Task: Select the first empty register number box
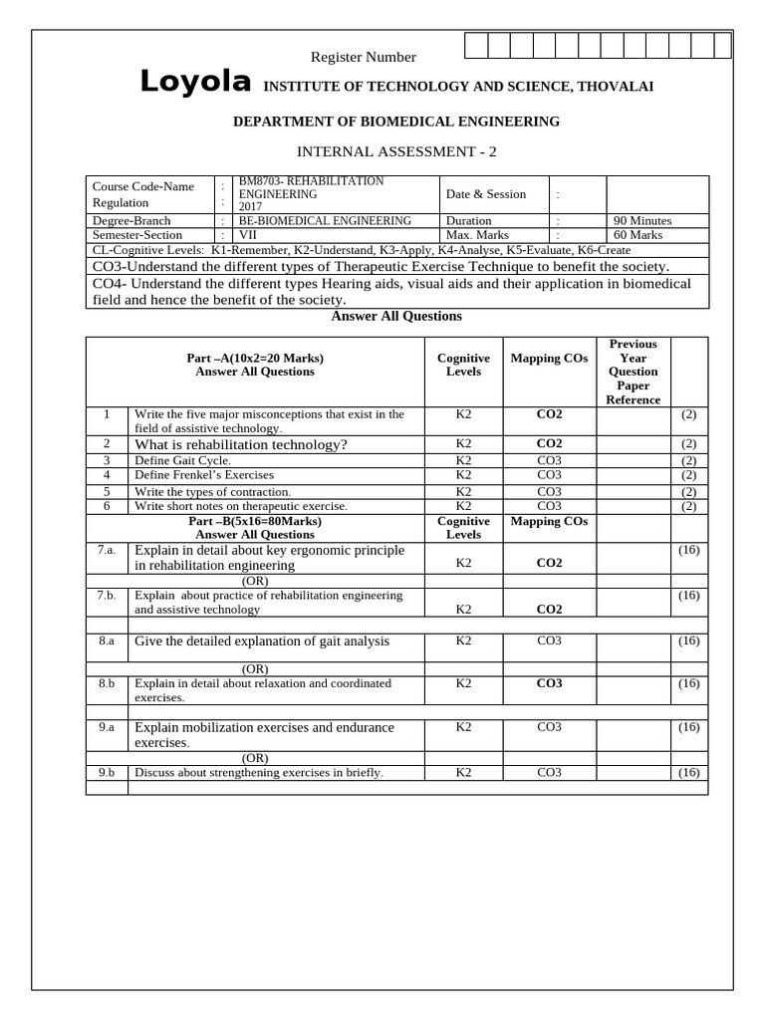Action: [474, 46]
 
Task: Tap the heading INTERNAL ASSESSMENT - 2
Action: [396, 151]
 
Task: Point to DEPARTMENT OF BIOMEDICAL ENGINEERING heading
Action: [396, 122]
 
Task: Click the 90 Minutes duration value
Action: [643, 220]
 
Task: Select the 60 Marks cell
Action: [638, 235]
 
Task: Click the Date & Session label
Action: [486, 194]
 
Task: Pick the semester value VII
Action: [248, 235]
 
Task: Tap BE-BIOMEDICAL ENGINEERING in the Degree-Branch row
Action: [325, 220]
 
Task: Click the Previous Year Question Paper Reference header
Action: [634, 372]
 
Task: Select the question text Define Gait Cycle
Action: [182, 461]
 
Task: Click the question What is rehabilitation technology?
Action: [241, 444]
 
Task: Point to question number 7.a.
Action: [107, 550]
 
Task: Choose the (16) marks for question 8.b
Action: [688, 683]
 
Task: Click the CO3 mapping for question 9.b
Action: [549, 772]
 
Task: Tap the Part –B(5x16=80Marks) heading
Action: [255, 521]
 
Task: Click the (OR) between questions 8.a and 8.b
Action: [255, 668]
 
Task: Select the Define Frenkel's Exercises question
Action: [204, 476]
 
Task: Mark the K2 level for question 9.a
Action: [463, 727]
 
